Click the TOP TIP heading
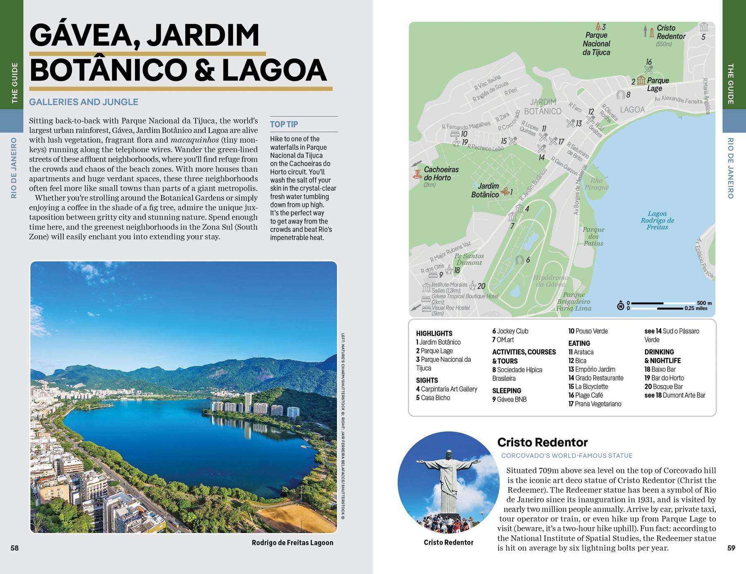pos(284,124)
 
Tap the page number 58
pos(15,548)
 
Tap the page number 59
pos(731,548)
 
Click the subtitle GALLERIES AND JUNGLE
pos(84,102)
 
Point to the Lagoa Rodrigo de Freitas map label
pos(657,220)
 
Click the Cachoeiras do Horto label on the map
pos(441,174)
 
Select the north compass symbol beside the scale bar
pos(620,306)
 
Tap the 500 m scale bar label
pos(704,303)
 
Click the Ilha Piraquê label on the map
pos(596,184)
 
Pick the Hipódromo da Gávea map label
pos(550,281)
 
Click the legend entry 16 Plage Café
pos(586,395)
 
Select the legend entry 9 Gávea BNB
pos(509,400)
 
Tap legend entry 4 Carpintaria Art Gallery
pos(446,389)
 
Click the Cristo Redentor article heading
pos(542,442)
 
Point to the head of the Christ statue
pos(448,455)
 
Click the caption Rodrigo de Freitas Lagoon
pos(292,543)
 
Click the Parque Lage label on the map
pos(657,84)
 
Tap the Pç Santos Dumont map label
pos(469,259)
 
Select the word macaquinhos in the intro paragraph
pos(194,140)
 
